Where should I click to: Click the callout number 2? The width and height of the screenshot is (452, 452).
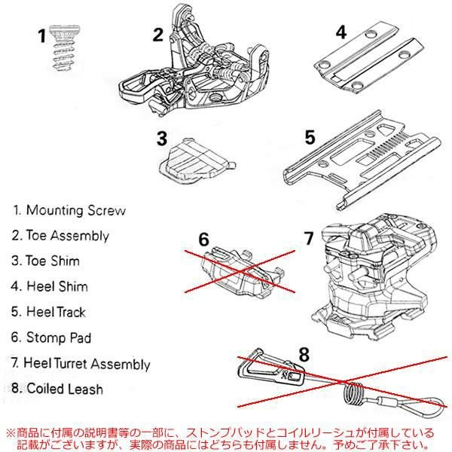coord(157,35)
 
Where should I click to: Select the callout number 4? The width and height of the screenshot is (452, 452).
coord(341,32)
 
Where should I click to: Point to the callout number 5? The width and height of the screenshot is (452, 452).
coord(309,138)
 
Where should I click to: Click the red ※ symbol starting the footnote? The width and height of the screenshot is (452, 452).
coord(10,434)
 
